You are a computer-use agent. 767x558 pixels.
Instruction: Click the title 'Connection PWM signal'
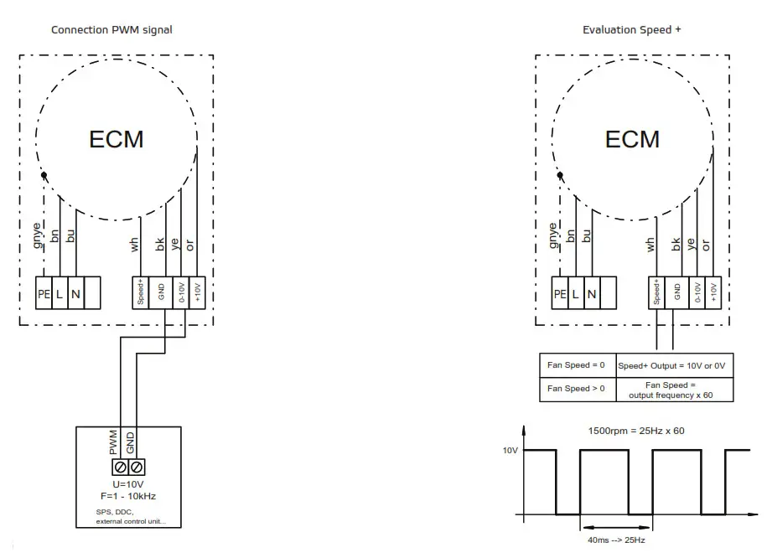(111, 30)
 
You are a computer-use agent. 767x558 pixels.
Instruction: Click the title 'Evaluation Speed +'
(631, 30)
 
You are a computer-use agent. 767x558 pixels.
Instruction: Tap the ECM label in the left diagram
(116, 139)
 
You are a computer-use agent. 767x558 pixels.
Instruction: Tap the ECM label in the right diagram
(632, 139)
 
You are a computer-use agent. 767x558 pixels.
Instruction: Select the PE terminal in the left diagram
(44, 294)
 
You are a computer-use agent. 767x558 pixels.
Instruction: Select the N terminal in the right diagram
(592, 294)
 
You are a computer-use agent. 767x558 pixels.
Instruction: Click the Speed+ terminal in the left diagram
(141, 293)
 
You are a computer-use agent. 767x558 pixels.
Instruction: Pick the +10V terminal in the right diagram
(714, 293)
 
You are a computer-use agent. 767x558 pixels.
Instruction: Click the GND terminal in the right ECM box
(676, 293)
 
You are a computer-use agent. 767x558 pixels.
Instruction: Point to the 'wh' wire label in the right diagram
(650, 245)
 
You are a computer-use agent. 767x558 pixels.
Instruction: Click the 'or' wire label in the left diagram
(189, 245)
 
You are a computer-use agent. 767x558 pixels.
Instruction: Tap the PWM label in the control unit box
(114, 443)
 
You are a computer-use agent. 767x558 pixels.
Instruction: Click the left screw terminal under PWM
(120, 466)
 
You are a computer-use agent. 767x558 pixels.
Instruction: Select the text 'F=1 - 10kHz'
(127, 496)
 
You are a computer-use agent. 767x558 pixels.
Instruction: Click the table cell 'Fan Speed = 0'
(576, 365)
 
